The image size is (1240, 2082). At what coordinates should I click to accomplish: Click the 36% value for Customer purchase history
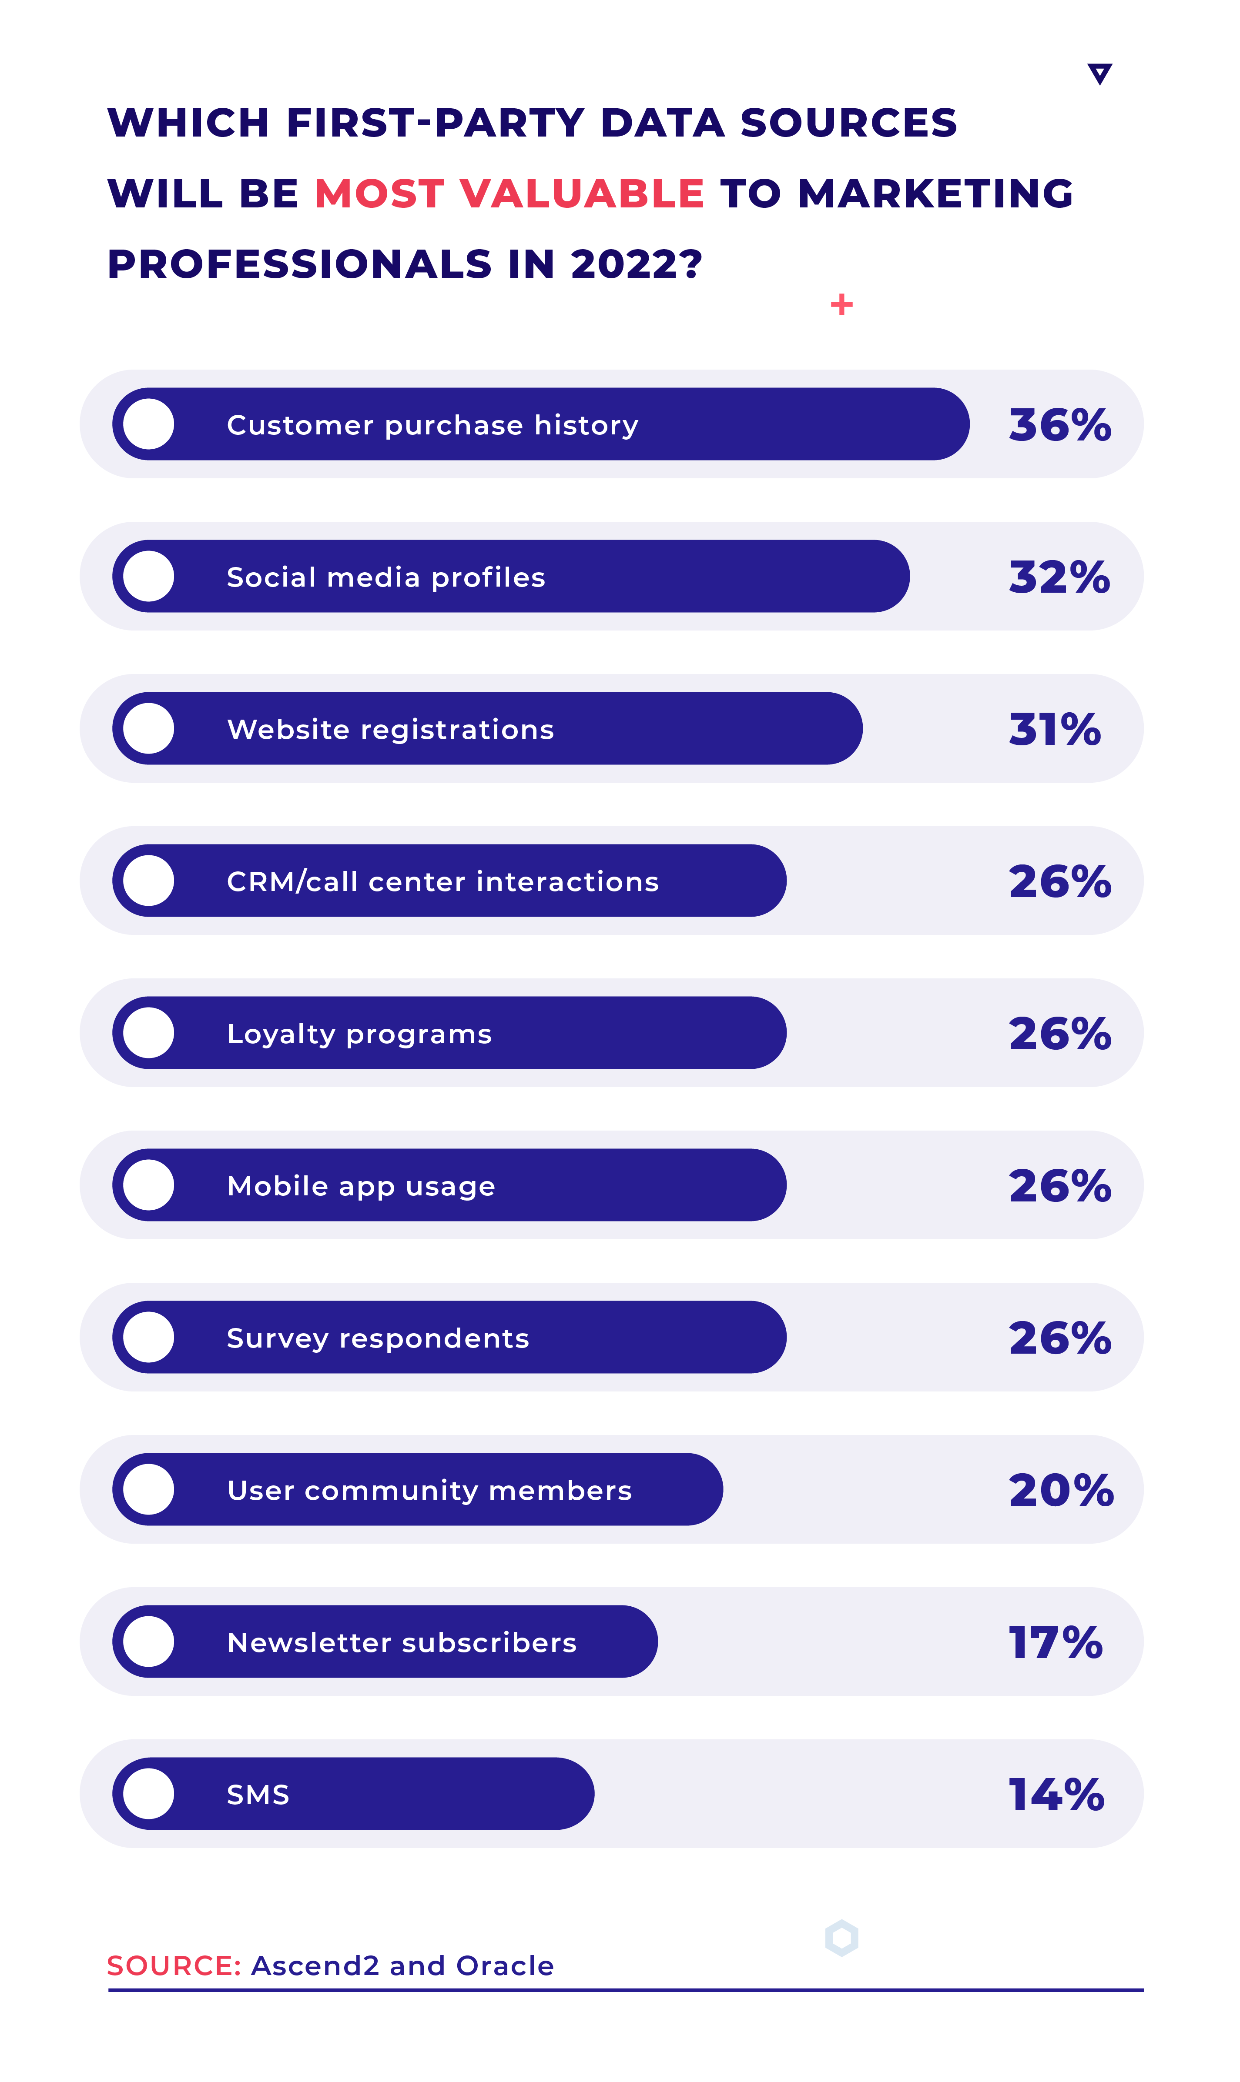[x=1059, y=425]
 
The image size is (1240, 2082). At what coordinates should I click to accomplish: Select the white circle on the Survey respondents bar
[x=149, y=1337]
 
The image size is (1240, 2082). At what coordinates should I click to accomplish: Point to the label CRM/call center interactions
[x=443, y=882]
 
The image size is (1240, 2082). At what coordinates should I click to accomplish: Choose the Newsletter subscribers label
[x=402, y=1643]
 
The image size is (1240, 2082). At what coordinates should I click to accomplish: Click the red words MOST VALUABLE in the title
[x=509, y=194]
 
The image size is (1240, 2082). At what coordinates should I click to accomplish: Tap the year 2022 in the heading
[x=635, y=265]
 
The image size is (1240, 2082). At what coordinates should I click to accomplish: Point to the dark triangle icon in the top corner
[x=1099, y=73]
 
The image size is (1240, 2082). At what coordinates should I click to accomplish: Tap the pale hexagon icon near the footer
[x=841, y=1938]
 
